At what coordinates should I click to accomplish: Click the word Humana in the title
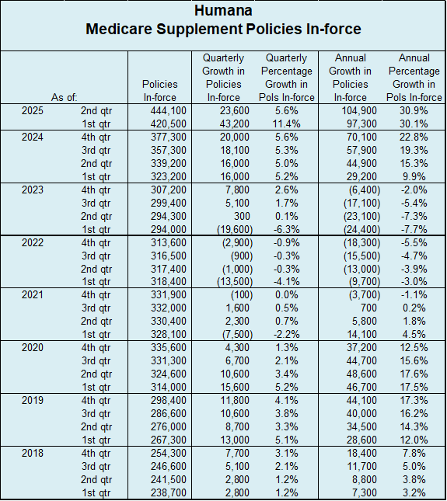pyautogui.click(x=223, y=11)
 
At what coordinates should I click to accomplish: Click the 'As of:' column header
pyautogui.click(x=64, y=97)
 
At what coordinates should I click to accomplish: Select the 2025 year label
pyautogui.click(x=33, y=110)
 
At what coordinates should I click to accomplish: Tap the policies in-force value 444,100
pyautogui.click(x=169, y=110)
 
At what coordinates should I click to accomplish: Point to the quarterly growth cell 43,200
pyautogui.click(x=234, y=124)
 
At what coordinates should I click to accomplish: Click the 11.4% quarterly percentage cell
pyautogui.click(x=287, y=124)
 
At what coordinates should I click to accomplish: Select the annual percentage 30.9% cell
pyautogui.click(x=414, y=110)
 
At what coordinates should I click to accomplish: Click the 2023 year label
pyautogui.click(x=33, y=190)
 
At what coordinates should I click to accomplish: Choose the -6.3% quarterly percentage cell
pyautogui.click(x=287, y=229)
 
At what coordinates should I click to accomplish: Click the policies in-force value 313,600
pyautogui.click(x=169, y=243)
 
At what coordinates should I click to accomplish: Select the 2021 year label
pyautogui.click(x=33, y=294)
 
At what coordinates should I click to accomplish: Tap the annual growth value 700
pyautogui.click(x=368, y=308)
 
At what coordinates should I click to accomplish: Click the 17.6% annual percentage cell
pyautogui.click(x=414, y=374)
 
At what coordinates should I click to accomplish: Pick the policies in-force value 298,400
pyautogui.click(x=169, y=400)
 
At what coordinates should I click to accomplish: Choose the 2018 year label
pyautogui.click(x=33, y=453)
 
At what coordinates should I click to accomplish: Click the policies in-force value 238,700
pyautogui.click(x=169, y=492)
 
